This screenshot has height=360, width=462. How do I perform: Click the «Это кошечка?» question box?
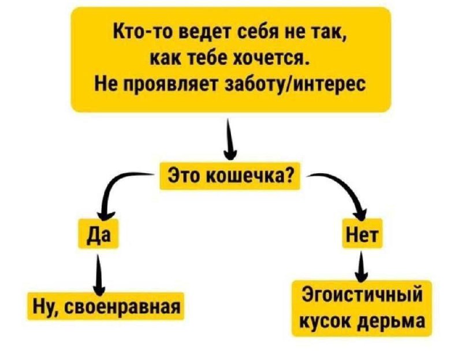click(230, 175)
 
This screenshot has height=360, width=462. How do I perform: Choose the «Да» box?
click(98, 234)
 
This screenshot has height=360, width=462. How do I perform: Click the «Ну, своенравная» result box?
click(106, 306)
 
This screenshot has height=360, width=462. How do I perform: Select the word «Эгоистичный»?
click(362, 294)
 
